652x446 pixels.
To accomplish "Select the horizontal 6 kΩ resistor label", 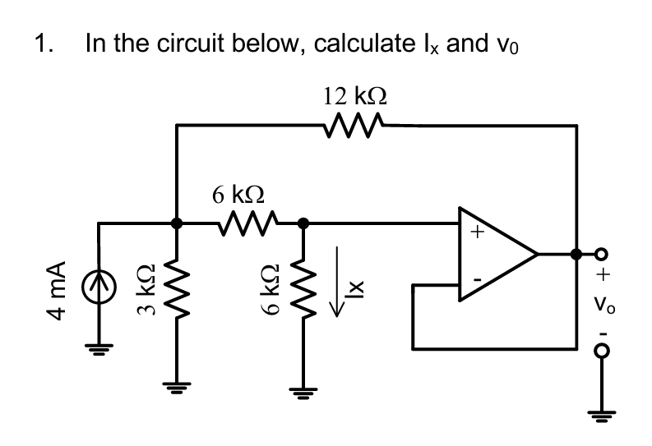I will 238,195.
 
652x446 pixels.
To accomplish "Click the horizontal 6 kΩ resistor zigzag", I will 251,222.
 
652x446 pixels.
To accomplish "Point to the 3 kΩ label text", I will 146,291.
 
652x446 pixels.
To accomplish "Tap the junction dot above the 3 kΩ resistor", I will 176,222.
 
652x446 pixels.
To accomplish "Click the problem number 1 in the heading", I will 42,43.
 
